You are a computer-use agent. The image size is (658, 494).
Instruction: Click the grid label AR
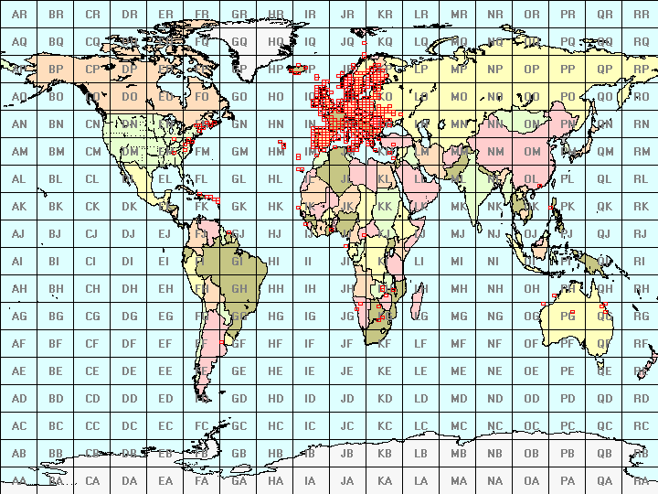[19, 15]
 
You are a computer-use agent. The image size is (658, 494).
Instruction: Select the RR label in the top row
[641, 15]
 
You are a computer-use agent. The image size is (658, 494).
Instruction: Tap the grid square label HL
[275, 179]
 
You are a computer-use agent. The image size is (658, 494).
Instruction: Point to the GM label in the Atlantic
[239, 152]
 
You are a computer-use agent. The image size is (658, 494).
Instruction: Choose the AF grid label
[19, 344]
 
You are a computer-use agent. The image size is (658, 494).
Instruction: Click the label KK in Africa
[385, 207]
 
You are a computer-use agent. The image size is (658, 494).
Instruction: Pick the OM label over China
[531, 152]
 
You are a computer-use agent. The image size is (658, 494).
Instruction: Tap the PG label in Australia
[568, 317]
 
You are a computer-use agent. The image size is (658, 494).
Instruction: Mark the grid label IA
[312, 481]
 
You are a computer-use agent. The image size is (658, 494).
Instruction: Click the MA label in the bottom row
[458, 481]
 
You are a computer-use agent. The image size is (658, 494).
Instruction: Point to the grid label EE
[165, 371]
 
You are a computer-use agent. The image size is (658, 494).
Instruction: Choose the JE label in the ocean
[348, 371]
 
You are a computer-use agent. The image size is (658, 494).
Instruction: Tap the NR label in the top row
[494, 15]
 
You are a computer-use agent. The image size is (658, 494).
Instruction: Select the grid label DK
[129, 207]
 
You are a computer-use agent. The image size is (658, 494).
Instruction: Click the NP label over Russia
[494, 70]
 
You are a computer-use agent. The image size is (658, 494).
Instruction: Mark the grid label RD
[641, 399]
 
